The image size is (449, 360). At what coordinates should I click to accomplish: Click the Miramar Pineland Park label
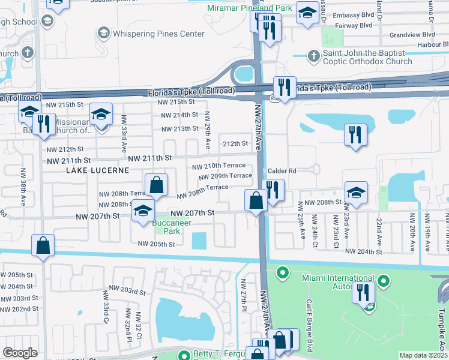point(249,8)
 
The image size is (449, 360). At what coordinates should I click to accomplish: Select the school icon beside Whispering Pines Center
point(104,32)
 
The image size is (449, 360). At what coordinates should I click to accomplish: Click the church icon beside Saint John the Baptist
point(312,56)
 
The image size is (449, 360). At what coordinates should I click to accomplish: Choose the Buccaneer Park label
point(172,227)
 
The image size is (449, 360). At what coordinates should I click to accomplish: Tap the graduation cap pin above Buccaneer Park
point(143,212)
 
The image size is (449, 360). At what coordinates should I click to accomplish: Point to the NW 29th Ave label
point(207,130)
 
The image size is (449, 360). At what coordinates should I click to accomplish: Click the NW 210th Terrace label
point(218,166)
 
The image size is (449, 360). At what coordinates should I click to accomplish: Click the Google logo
point(20,353)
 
